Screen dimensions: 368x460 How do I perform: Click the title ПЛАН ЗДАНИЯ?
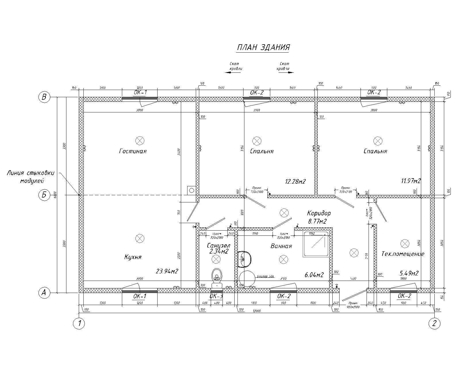tap(263, 47)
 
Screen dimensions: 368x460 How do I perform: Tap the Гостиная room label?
tap(133, 151)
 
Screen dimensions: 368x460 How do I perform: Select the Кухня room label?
tap(133, 257)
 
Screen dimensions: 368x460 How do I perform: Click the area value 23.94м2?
tap(167, 271)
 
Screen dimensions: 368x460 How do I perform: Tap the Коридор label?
tap(319, 213)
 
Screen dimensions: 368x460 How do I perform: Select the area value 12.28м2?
tap(295, 182)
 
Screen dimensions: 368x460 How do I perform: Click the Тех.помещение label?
tap(403, 254)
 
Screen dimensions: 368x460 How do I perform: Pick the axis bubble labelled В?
tap(44, 97)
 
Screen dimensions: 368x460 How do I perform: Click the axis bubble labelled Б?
tap(44, 195)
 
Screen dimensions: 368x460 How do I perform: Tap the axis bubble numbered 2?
tap(434, 323)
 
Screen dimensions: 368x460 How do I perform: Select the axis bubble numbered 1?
tap(79, 323)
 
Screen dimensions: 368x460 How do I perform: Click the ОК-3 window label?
tap(216, 296)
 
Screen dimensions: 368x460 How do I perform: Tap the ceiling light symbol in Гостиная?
tap(140, 141)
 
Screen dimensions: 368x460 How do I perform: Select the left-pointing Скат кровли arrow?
tap(233, 72)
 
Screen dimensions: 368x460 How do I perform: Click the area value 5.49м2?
tap(409, 273)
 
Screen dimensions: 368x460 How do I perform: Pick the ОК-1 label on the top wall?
tap(140, 93)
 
